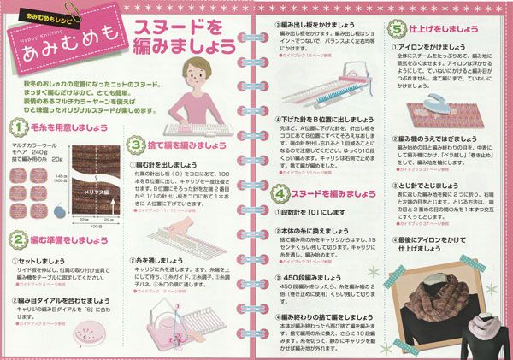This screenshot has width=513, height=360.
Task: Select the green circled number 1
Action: [x=17, y=129]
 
